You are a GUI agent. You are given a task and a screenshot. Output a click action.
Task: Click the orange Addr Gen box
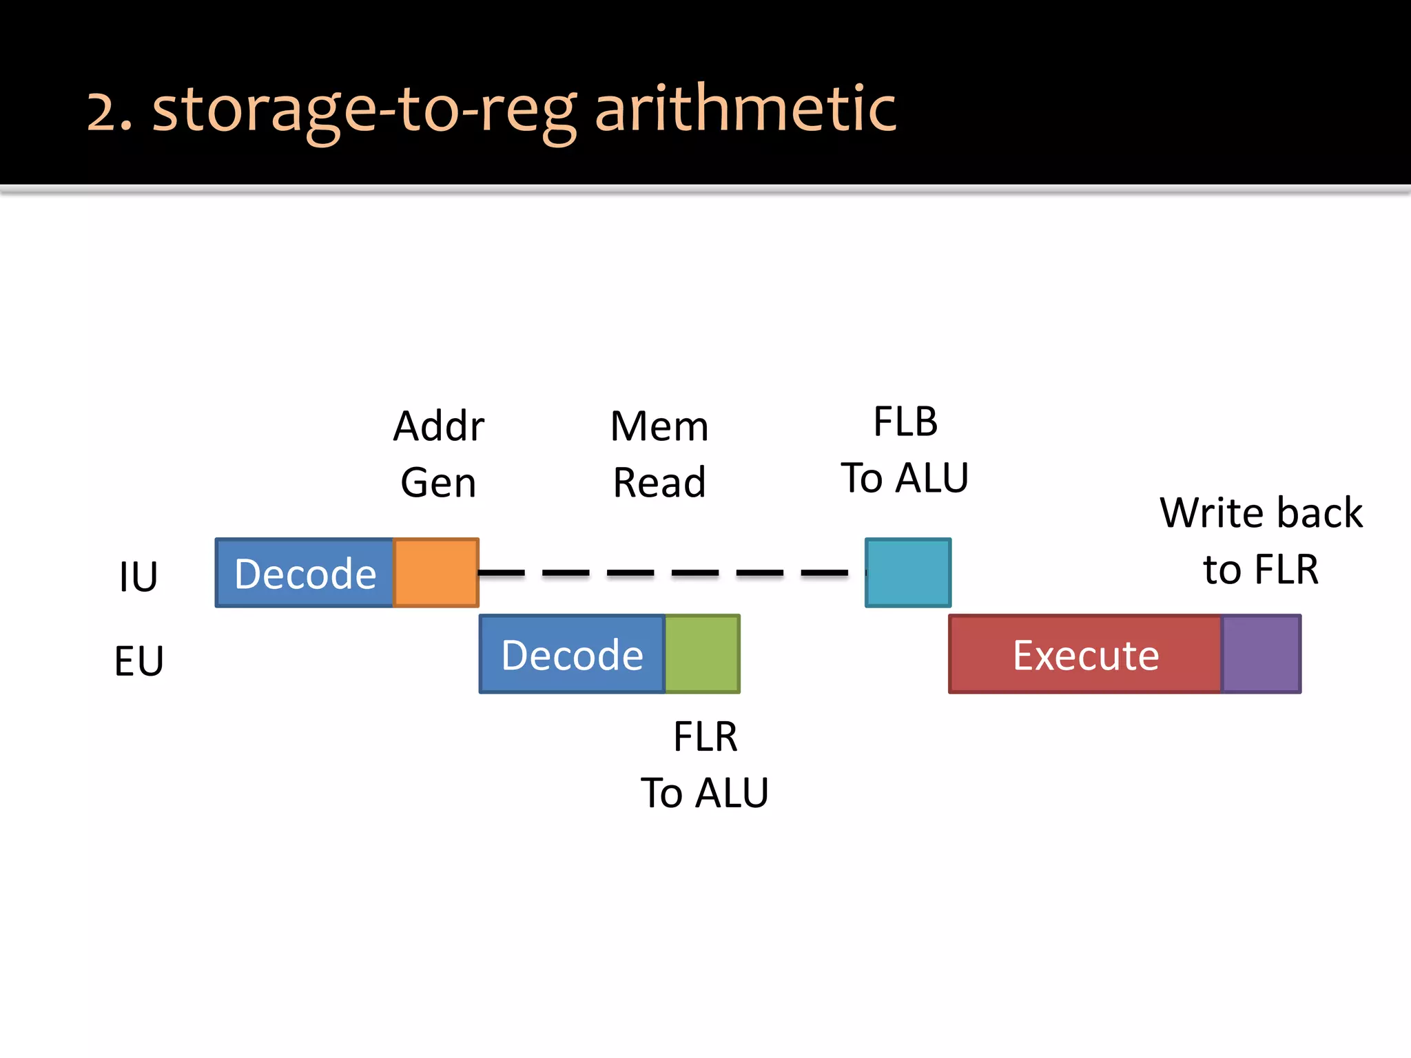pos(436,572)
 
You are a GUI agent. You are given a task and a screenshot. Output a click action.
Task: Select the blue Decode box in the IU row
pos(305,572)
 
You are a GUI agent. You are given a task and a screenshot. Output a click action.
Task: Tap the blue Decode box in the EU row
pos(572,654)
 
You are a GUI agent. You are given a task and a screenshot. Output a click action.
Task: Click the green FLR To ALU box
pos(702,654)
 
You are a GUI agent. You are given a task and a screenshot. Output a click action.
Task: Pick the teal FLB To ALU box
pos(908,572)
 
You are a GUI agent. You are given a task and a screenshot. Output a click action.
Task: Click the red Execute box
pos(1085,654)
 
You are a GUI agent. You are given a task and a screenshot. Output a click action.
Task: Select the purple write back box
pos(1261,654)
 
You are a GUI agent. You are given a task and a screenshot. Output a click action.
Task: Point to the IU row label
pos(138,577)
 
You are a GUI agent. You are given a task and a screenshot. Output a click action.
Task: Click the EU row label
pos(138,661)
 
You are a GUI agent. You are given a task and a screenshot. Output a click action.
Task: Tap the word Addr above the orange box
pos(439,426)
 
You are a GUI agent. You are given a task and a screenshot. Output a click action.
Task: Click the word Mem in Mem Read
pos(659,426)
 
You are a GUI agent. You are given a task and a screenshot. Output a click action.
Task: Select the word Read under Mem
pos(659,482)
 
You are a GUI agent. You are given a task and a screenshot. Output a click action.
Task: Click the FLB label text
pos(905,422)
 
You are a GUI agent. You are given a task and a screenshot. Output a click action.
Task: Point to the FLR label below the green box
pos(705,736)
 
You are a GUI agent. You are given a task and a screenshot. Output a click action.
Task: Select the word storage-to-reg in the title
pos(364,110)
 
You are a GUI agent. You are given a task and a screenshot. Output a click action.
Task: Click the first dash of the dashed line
pos(502,572)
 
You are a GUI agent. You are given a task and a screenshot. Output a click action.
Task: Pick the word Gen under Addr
pos(439,482)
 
